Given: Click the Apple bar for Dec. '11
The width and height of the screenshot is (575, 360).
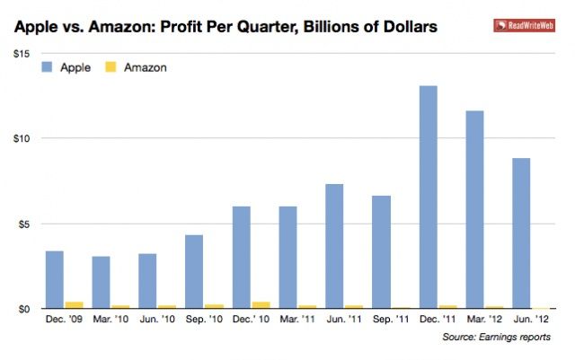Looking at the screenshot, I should (428, 197).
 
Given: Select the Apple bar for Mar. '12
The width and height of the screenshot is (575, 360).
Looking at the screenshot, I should (474, 209).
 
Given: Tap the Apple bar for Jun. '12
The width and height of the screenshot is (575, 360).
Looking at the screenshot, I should (521, 233).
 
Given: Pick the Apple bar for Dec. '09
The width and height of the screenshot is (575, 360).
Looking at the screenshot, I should (54, 279).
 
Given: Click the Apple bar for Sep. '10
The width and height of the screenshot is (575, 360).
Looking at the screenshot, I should (194, 271).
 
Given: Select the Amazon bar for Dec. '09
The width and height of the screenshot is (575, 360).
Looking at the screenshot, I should (74, 304).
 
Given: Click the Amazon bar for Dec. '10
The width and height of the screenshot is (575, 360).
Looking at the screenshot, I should (261, 304).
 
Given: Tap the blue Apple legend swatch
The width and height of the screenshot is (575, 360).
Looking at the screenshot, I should (48, 67).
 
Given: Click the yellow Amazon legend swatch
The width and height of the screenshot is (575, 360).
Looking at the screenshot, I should (112, 67).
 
